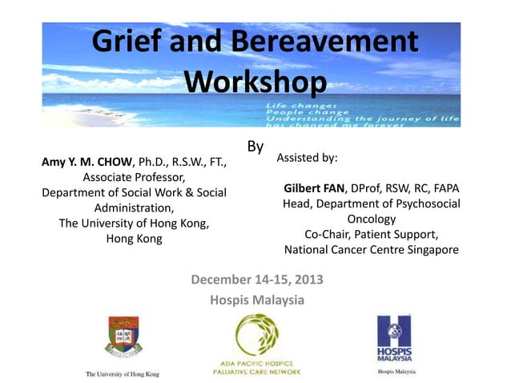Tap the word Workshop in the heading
point(255,81)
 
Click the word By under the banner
point(255,147)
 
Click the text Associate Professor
point(135,178)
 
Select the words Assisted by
point(307,158)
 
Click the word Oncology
point(372,219)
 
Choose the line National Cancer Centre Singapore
point(372,249)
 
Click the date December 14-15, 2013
point(256,280)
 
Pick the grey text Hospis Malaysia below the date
point(256,300)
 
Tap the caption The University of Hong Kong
point(123,373)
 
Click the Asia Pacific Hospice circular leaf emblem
point(256,337)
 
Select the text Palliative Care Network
point(255,373)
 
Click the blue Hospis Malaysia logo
point(396,338)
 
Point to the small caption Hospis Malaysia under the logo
point(396,373)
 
